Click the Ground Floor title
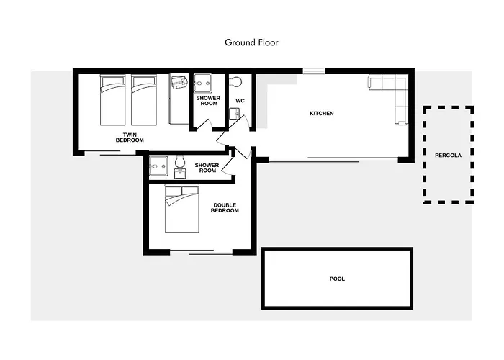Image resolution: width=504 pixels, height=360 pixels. coord(251,42)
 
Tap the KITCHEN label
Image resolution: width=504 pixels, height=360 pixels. coord(321,114)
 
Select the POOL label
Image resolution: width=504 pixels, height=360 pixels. coord(337,279)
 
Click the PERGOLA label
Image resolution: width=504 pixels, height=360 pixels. coord(448,156)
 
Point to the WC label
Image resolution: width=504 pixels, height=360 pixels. coord(240,101)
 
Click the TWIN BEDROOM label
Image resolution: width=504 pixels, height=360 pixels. coord(130,138)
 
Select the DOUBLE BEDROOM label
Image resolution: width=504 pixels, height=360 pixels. coord(225,207)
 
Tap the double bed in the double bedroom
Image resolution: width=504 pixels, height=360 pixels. coord(182,209)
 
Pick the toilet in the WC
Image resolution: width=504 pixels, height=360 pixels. coord(237,81)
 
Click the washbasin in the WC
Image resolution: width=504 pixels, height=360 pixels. coord(234,114)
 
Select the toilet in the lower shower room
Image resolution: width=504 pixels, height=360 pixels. coord(180,162)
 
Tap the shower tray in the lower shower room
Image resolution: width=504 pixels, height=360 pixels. coord(158,166)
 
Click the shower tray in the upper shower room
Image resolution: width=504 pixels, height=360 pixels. coord(202,84)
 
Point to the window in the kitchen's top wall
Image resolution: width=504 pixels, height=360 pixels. coord(314,71)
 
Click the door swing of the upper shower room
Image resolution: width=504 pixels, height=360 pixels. coord(204,125)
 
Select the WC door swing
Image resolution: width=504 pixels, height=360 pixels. coord(243,123)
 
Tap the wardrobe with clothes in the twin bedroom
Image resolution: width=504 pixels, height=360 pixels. coord(179,99)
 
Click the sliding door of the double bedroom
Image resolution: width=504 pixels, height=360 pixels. coord(201,252)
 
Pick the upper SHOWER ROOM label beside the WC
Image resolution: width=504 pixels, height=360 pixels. coord(208,101)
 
